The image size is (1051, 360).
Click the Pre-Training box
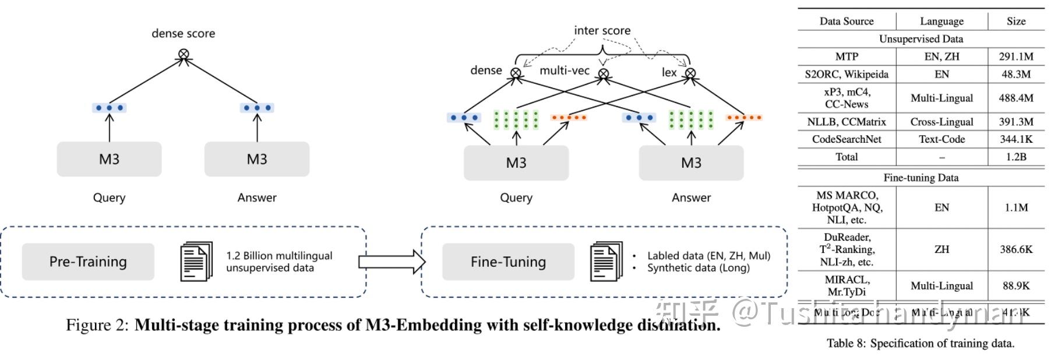[88, 262]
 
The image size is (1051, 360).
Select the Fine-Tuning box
[508, 262]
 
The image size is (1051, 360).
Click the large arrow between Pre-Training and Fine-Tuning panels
[392, 262]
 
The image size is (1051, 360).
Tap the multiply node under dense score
[184, 54]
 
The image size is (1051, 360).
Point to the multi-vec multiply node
[604, 73]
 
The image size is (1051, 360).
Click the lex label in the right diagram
[669, 72]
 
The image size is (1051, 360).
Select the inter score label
[602, 30]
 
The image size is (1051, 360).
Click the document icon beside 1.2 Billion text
[196, 262]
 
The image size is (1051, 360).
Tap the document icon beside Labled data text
[606, 261]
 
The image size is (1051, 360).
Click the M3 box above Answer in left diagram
[256, 159]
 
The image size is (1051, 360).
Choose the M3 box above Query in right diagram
[516, 163]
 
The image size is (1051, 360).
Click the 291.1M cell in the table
[1015, 57]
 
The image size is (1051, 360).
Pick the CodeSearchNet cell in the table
[847, 139]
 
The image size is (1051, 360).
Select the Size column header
[1015, 21]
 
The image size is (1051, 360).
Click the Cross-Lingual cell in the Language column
[941, 122]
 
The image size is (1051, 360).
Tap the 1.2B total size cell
[1015, 157]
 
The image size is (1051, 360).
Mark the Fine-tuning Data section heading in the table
[920, 178]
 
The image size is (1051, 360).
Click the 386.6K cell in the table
[1015, 249]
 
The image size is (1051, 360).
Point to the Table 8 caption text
[920, 343]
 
